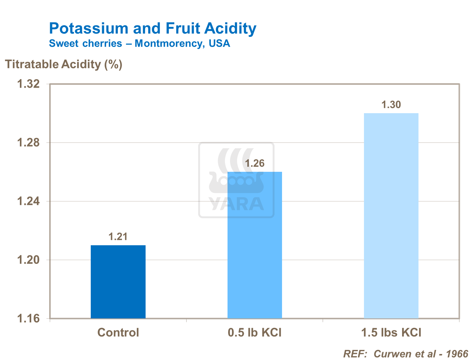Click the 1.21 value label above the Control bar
coord(118,237)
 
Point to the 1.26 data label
coord(255,163)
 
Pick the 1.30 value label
coord(391,105)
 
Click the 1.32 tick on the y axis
coord(28,84)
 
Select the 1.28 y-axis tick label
coord(28,143)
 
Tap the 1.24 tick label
coord(28,201)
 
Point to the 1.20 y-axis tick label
coord(28,260)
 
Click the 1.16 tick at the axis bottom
coord(28,319)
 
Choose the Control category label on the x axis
coord(118,333)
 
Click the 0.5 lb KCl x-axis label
coord(255,333)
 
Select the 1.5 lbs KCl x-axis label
coord(391,333)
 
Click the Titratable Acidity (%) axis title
coord(64,64)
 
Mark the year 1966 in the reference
coord(457,354)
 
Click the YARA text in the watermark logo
coord(236,204)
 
